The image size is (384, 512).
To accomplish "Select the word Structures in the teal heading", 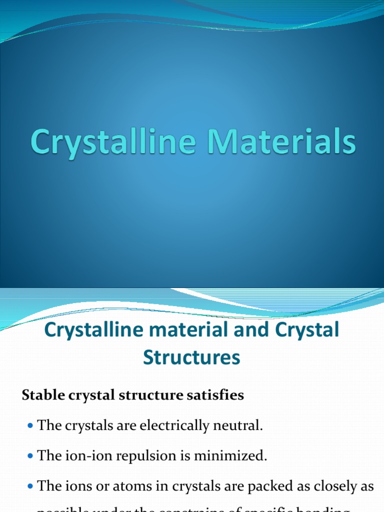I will click(x=191, y=357).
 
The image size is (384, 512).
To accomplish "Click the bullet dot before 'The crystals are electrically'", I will click(x=28, y=426).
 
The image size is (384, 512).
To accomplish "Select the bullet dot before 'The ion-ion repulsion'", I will click(x=28, y=456).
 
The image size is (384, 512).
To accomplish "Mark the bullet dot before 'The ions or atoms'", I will click(x=28, y=487).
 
